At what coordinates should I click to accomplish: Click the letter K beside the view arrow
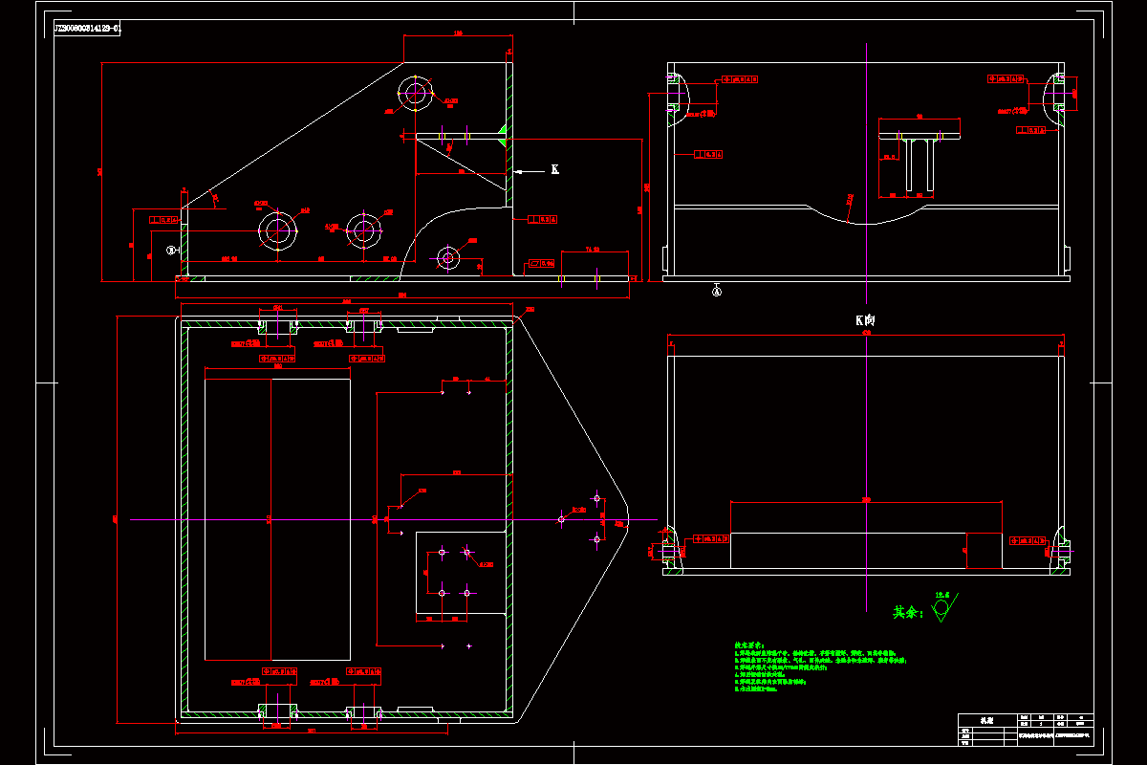(554, 170)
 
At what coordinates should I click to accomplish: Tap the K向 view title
(865, 320)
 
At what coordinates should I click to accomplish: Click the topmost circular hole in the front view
(415, 94)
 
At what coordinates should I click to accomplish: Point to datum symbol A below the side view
(717, 288)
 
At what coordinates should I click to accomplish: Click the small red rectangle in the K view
(984, 550)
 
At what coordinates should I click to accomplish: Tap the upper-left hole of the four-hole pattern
(442, 552)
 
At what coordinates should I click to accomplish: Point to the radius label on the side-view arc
(851, 199)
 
